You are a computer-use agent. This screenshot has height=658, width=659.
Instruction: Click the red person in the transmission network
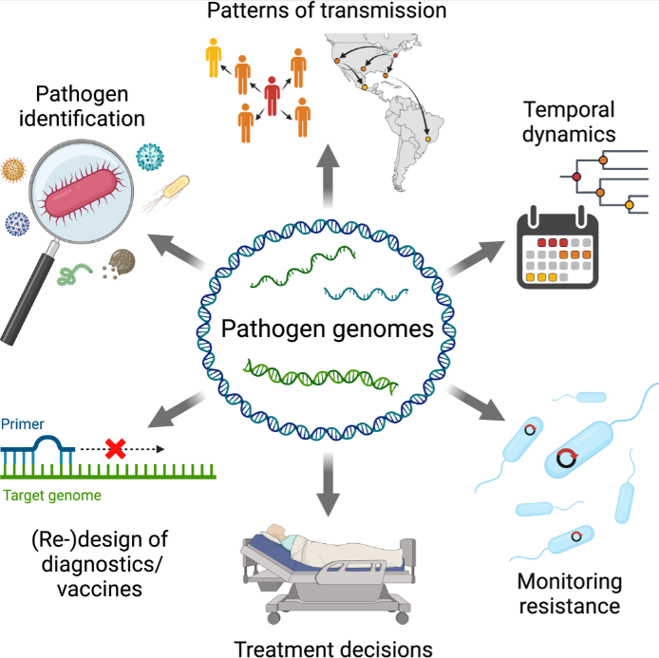272,96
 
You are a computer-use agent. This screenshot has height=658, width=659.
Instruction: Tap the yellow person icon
214,58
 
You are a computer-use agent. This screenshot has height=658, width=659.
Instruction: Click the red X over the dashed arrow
115,449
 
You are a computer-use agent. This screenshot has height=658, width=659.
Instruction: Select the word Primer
22,424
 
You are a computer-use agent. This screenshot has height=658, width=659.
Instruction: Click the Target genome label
52,496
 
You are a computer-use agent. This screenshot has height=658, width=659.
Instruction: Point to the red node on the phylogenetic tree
576,177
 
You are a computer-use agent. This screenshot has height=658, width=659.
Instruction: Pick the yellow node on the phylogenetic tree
630,205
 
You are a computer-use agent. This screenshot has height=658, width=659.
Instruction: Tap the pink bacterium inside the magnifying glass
82,194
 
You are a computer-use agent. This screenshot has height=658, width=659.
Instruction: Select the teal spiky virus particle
150,157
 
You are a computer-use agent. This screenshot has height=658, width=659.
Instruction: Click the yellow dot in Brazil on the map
428,139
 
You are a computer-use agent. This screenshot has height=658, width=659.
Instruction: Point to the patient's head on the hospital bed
277,533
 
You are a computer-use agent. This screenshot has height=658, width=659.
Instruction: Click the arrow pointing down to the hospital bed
328,484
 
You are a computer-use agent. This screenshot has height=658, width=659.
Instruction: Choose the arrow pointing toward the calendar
475,258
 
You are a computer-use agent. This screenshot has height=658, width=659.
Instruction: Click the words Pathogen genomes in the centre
328,329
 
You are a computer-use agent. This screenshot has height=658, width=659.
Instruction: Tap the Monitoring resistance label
570,593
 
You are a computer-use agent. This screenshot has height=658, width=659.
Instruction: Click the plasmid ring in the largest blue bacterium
567,458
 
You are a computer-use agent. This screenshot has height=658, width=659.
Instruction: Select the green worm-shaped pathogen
74,274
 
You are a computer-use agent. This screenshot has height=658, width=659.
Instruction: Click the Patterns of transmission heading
327,10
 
